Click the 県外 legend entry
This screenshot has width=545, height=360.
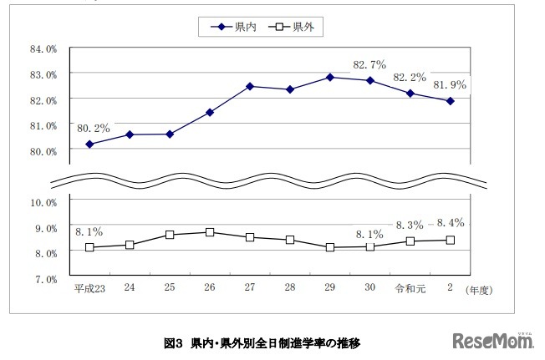point(295,27)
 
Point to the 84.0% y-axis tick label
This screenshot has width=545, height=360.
point(43,48)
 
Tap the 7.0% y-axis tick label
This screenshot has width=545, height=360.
point(45,278)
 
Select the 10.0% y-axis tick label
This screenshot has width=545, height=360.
point(43,202)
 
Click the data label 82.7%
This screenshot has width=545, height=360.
point(369,63)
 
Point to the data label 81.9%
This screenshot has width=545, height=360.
point(449,84)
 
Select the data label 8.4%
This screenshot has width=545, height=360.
point(471,223)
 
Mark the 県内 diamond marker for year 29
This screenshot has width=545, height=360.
point(330,77)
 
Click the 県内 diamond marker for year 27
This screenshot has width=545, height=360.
point(250,86)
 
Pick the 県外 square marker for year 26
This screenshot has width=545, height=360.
point(210,232)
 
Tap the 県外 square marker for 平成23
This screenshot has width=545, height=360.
point(89,247)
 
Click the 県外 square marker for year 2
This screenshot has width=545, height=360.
point(451,240)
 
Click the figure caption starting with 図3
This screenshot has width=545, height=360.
point(262,342)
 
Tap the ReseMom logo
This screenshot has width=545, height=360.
point(494,340)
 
